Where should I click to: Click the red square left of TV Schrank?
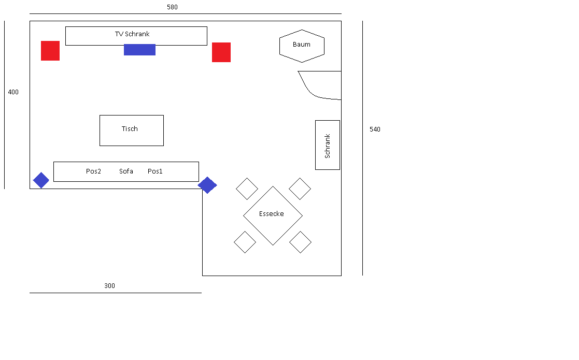tap(50, 51)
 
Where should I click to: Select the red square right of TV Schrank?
tap(221, 52)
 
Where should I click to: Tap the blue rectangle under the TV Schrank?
tap(139, 50)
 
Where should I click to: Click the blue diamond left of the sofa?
tap(41, 180)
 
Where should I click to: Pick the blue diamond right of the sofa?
tap(207, 185)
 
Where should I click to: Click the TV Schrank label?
tap(132, 34)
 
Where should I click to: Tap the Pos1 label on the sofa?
tap(155, 171)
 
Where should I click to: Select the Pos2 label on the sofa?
tap(93, 171)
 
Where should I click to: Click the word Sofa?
tap(126, 171)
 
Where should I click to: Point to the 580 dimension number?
tap(172, 7)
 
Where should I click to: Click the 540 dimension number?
tap(375, 129)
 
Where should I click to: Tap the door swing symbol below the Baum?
tap(308, 90)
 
